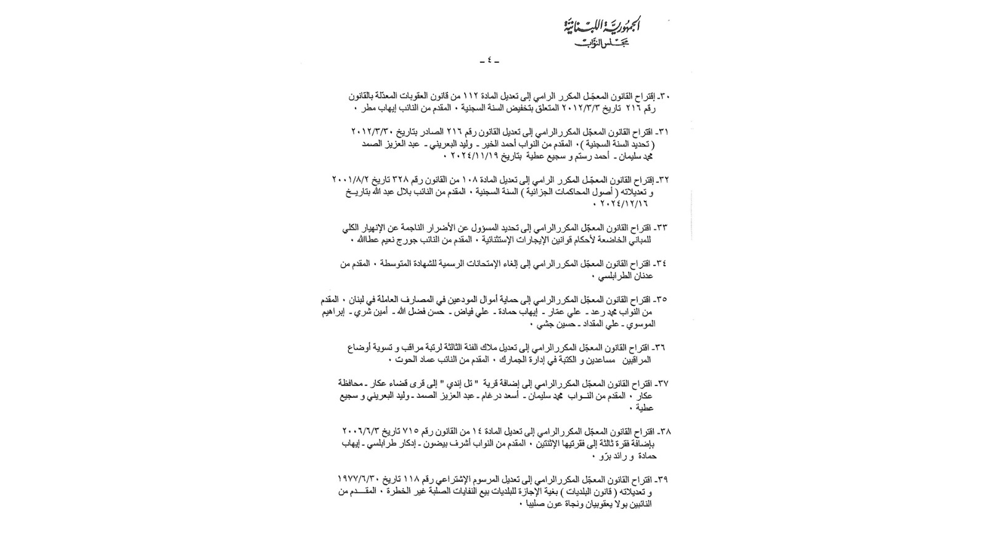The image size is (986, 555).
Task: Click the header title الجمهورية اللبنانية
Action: pyautogui.click(x=601, y=27)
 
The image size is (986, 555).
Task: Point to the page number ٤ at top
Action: pyautogui.click(x=489, y=60)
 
